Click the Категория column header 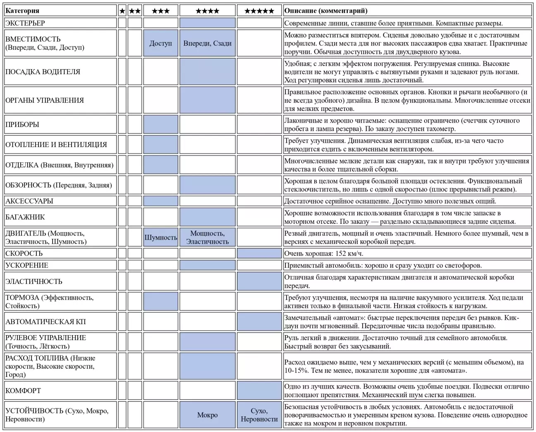(x=22, y=11)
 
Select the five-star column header (x=259, y=11)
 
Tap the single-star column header (x=122, y=11)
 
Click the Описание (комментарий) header (x=326, y=11)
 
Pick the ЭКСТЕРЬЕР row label (x=25, y=23)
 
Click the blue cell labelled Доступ (x=160, y=43)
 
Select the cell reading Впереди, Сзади (x=207, y=43)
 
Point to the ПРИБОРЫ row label (x=22, y=125)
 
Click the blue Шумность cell (x=160, y=238)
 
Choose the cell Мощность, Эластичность (x=207, y=238)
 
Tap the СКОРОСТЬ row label (x=24, y=253)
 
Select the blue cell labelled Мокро (x=207, y=415)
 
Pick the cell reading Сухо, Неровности (x=259, y=415)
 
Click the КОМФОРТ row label (x=23, y=391)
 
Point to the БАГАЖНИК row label (x=25, y=217)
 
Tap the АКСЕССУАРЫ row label (x=29, y=201)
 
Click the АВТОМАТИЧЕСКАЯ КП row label (x=45, y=322)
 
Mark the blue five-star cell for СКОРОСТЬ (x=259, y=253)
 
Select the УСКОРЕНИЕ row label (x=27, y=265)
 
